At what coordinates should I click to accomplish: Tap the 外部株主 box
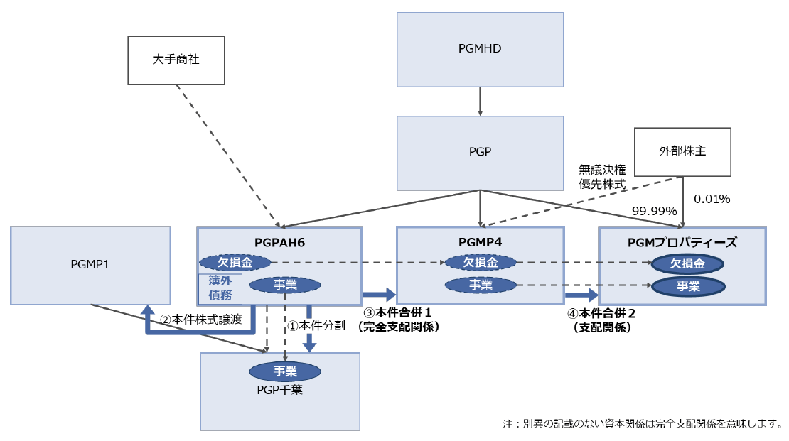click(682, 151)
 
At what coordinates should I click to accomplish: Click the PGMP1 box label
click(90, 264)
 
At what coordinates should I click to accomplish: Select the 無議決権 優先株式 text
click(601, 176)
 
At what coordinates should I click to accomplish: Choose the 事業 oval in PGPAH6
click(285, 285)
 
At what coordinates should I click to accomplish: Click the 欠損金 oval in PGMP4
click(480, 263)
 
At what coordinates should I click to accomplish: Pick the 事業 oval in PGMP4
click(480, 285)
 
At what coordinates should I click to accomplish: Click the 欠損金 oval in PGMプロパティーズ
click(687, 263)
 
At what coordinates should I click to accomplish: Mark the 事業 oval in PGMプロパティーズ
click(687, 286)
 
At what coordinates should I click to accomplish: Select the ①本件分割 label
click(316, 326)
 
